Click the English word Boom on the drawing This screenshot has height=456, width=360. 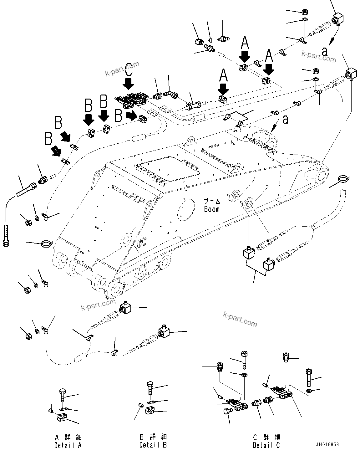212,209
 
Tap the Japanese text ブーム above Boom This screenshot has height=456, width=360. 212,201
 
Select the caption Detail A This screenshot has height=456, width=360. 68,445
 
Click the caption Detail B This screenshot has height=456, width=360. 153,445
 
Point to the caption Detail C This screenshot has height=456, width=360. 266,445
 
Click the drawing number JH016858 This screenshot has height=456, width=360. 327,445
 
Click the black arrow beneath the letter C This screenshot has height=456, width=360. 128,84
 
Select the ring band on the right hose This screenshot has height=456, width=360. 343,180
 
